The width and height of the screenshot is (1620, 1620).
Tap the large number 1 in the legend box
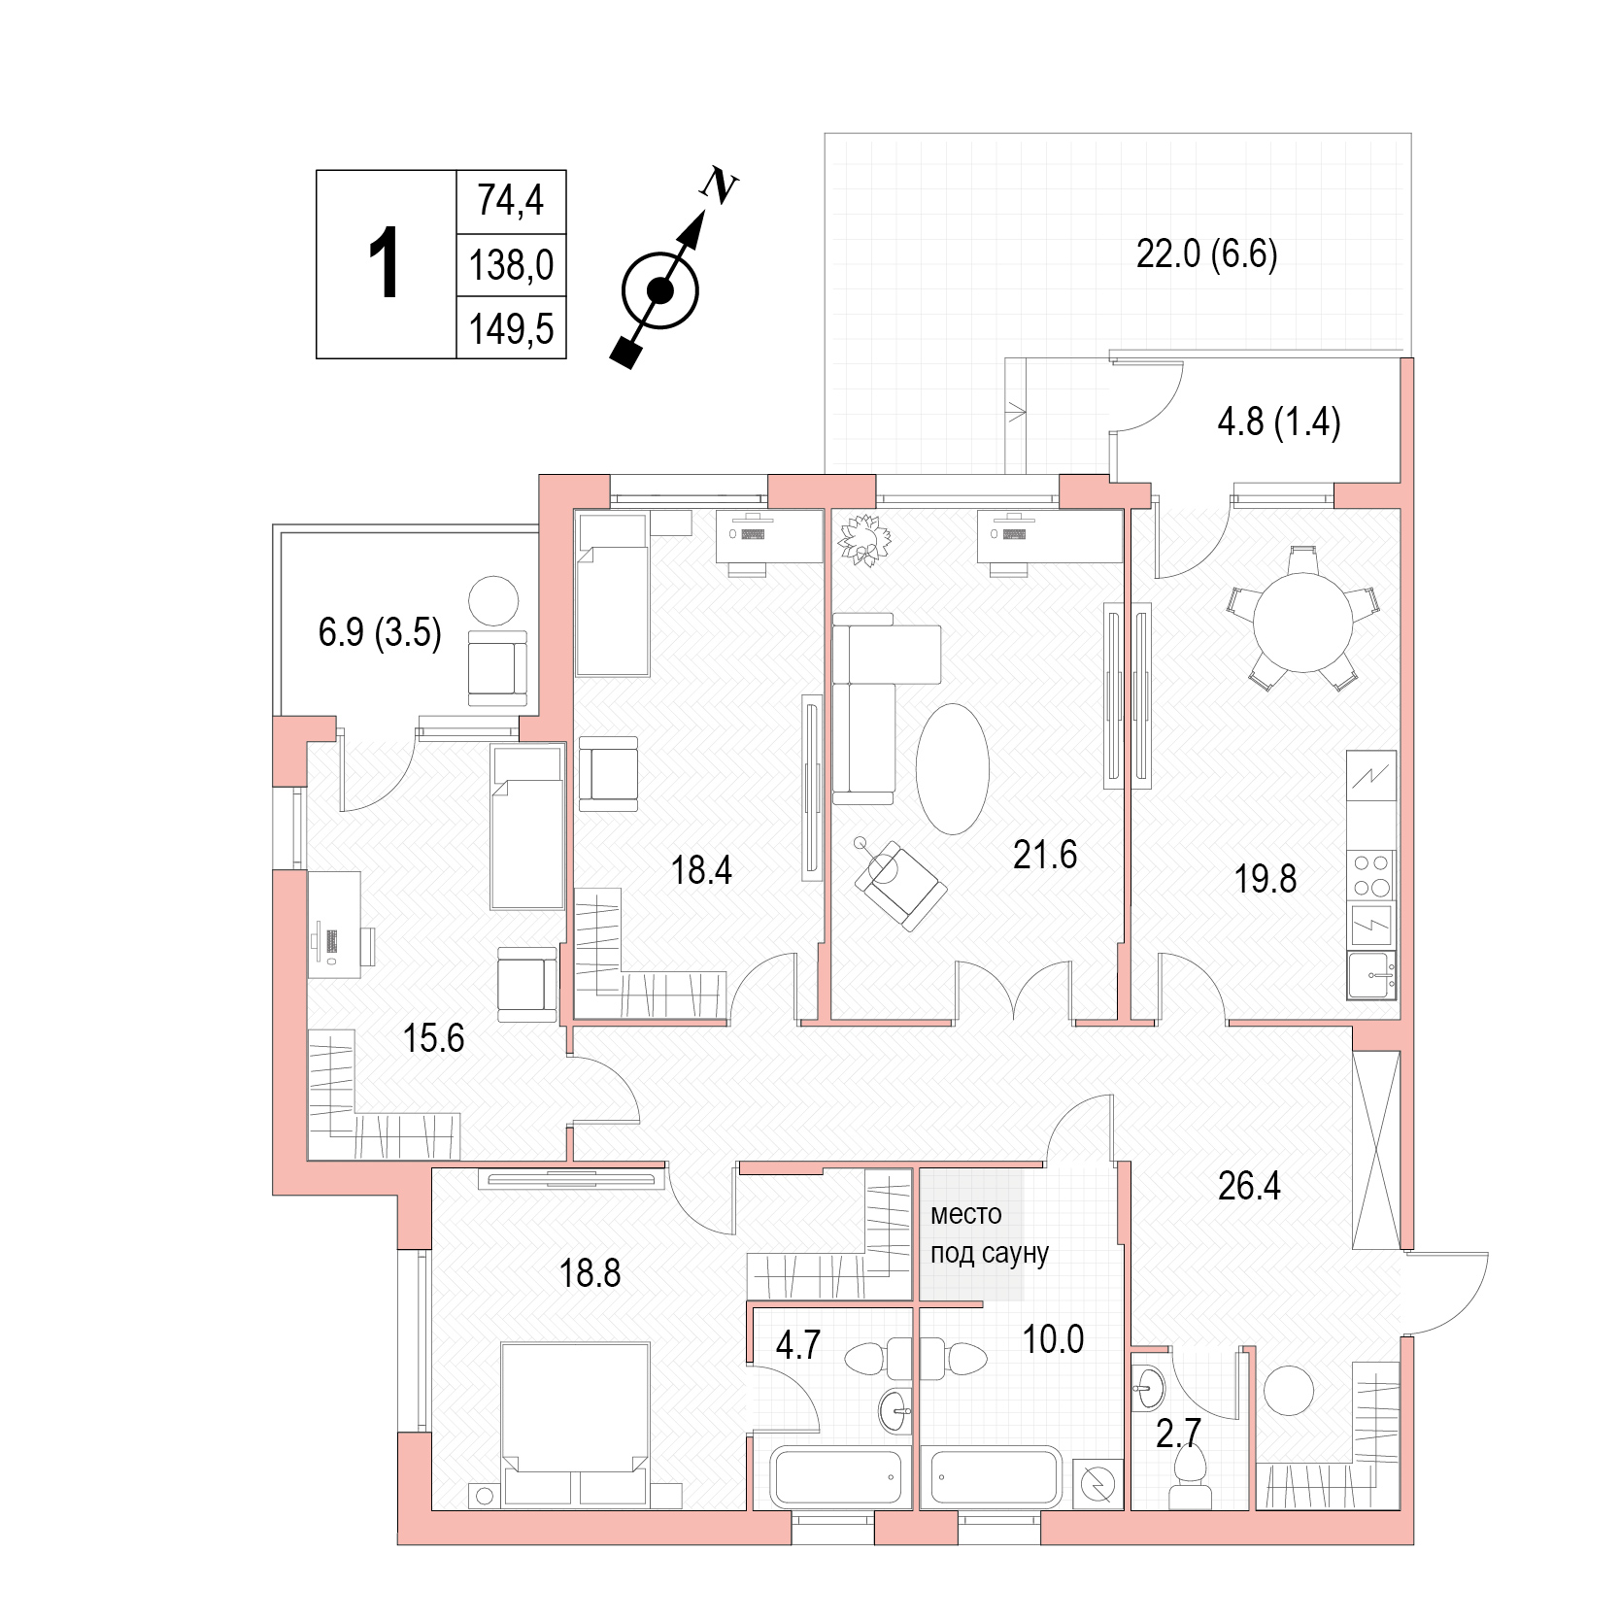click(386, 263)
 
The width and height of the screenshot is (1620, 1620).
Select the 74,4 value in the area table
click(510, 200)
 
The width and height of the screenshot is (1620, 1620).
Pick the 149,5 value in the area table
click(511, 329)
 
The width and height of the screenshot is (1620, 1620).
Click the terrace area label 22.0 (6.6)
click(1206, 254)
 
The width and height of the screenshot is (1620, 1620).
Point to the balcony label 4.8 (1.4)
click(1278, 422)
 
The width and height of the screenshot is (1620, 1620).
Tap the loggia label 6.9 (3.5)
click(380, 632)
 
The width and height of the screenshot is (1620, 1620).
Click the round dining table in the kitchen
click(1302, 622)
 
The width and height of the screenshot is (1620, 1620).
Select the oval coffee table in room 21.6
click(953, 768)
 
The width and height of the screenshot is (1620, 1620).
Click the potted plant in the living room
click(863, 540)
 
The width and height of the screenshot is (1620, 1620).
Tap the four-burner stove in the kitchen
click(1371, 874)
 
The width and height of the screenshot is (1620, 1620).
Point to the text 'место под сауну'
click(989, 1233)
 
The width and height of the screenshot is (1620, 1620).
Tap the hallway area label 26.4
click(1249, 1186)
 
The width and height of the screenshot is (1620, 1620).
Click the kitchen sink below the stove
click(1371, 975)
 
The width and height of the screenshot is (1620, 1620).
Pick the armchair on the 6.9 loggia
click(497, 668)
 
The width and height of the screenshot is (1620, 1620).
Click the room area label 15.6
click(433, 1038)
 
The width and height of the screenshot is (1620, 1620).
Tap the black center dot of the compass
click(659, 289)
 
